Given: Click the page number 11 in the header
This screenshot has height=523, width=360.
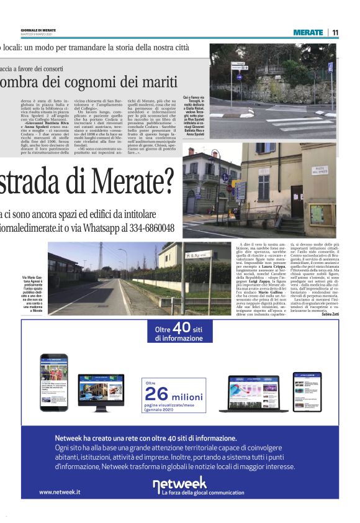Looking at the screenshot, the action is pyautogui.click(x=335, y=32).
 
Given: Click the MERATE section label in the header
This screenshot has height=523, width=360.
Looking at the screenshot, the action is pyautogui.click(x=308, y=32).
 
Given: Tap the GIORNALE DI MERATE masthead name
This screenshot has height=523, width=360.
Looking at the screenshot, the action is pyautogui.click(x=38, y=30).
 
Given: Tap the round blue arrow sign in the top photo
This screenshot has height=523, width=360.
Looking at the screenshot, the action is pyautogui.click(x=238, y=78).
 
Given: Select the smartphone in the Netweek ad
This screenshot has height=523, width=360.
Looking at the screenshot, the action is pyautogui.click(x=53, y=383).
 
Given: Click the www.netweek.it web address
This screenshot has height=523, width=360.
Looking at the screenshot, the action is pyautogui.click(x=60, y=491).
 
